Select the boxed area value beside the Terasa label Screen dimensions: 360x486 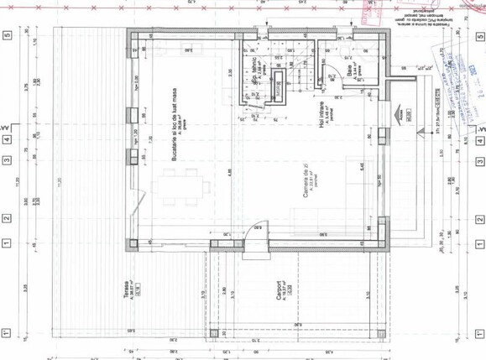click(x=137, y=293)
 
